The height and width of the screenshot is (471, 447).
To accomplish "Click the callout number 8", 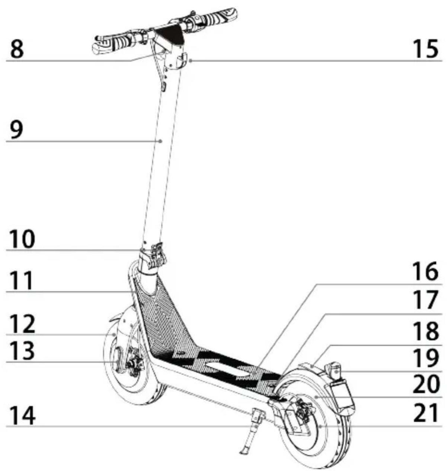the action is pos(17,50).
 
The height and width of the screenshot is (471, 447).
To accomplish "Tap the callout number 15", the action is pos(426,50).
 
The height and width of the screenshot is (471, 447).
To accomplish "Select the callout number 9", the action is pos(17,130).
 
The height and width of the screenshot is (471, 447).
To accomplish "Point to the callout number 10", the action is pos(22,239).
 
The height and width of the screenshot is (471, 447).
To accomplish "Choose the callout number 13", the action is pos(22,351).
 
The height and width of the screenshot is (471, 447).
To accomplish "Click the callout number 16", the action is pos(426,271).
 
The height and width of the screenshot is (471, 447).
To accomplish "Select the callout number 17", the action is pos(426,299).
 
